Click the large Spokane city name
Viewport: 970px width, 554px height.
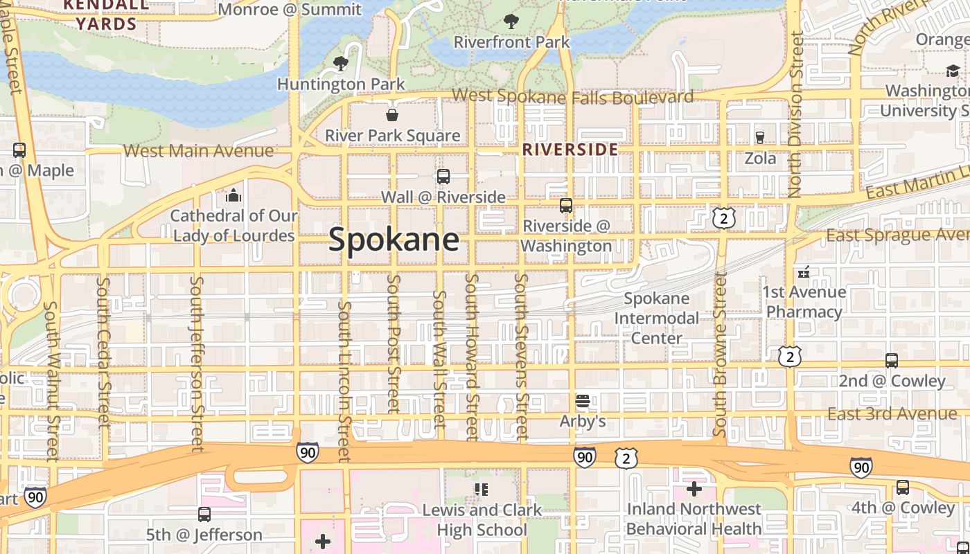coord(394,240)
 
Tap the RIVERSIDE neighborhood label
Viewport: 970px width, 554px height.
coord(570,150)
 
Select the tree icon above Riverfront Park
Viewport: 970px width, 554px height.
coord(511,21)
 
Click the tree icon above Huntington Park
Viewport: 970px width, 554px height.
coord(340,64)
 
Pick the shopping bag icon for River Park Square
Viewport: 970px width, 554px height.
coord(392,115)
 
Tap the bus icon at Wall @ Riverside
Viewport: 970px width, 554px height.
coord(443,177)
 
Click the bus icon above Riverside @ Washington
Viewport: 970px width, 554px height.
coord(566,206)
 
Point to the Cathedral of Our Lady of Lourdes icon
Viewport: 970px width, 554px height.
coord(233,196)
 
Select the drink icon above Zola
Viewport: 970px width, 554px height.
coord(760,137)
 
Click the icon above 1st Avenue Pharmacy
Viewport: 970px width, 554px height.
coord(804,272)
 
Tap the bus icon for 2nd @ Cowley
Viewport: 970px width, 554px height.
coord(892,361)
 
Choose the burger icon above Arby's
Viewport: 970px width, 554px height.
coord(583,401)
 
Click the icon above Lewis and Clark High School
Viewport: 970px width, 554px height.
coord(482,490)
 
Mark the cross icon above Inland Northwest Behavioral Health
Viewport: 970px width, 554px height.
coord(694,489)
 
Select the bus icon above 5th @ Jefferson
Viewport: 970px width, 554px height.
coord(204,515)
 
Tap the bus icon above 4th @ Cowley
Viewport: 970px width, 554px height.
coord(903,488)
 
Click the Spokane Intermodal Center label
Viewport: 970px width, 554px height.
coord(657,319)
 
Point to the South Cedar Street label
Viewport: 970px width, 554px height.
coord(104,352)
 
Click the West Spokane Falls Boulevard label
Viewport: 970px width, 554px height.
coord(572,96)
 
